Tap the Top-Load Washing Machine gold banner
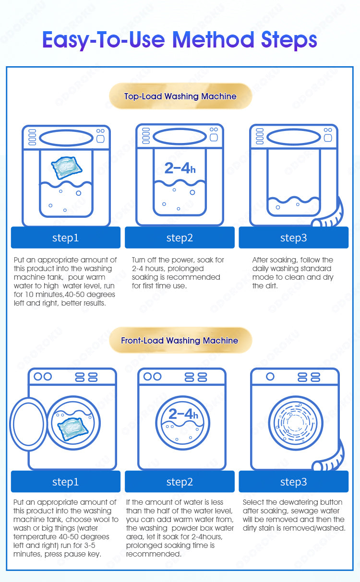[x=180, y=96]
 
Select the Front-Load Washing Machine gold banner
[x=180, y=340]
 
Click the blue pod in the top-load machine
[x=67, y=167]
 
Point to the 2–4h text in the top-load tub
[x=180, y=168]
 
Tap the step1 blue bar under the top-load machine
[x=65, y=238]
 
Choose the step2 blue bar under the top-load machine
[x=180, y=238]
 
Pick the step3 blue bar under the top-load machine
[x=293, y=238]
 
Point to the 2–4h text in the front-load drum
[x=183, y=414]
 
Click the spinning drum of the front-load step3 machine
[x=296, y=423]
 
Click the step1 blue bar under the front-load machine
[x=65, y=482]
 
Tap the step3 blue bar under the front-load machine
[x=293, y=482]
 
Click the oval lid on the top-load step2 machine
[x=180, y=136]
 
